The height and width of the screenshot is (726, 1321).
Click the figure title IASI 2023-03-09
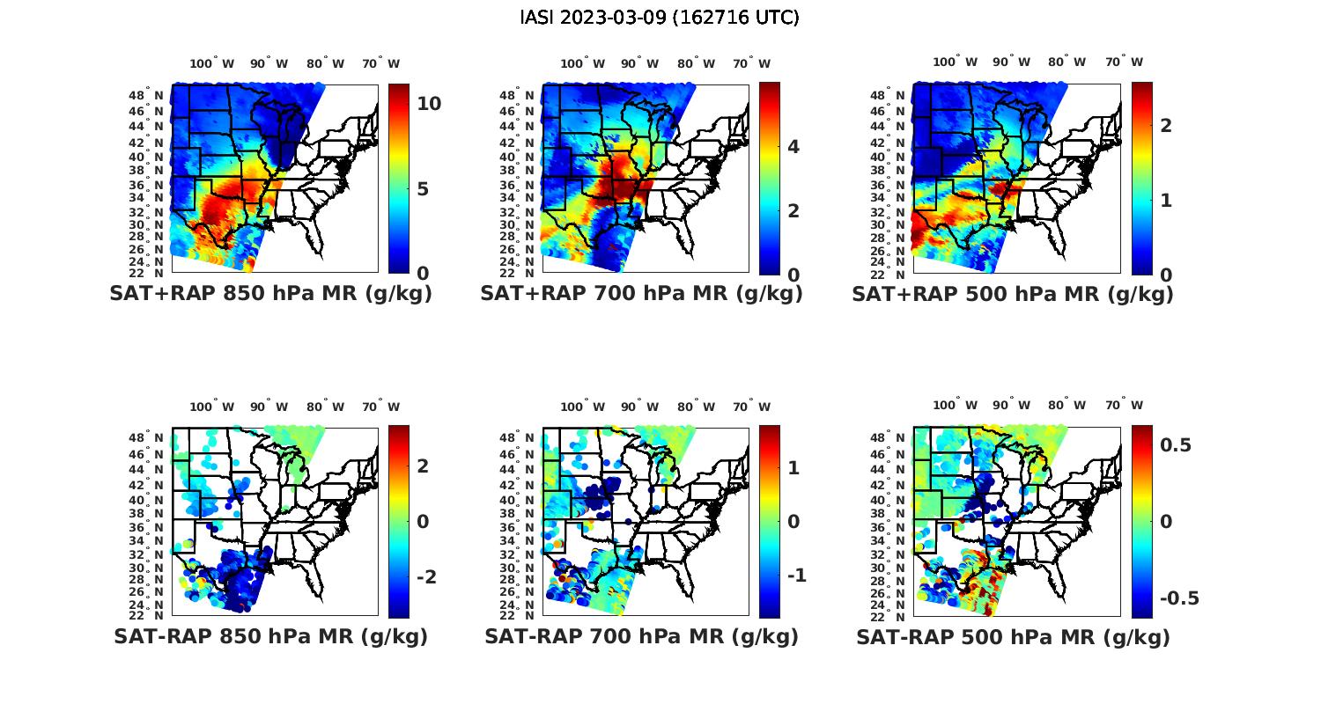point(660,18)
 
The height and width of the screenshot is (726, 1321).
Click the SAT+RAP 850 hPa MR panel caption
point(271,294)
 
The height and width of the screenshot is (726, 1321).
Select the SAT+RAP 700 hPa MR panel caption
point(642,294)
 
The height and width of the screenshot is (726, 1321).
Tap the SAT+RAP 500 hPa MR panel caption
point(1013,294)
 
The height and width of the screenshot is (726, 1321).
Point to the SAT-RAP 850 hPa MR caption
point(271,636)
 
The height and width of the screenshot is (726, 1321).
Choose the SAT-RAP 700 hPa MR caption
point(642,636)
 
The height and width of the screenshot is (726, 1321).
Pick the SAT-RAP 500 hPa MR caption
point(1013,636)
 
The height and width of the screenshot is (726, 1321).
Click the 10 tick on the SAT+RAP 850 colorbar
point(429,104)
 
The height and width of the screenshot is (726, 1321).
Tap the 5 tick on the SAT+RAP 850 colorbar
point(423,189)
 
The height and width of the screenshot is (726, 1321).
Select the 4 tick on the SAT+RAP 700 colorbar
point(793,146)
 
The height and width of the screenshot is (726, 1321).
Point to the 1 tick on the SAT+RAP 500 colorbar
point(1166,200)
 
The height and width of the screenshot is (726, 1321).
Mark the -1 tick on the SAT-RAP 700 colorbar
point(797,575)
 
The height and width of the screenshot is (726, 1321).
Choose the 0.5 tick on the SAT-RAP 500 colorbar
point(1175,445)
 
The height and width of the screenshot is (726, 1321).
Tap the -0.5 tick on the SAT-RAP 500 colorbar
point(1179,598)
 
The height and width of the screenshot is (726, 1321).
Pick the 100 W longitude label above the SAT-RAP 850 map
point(211,407)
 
